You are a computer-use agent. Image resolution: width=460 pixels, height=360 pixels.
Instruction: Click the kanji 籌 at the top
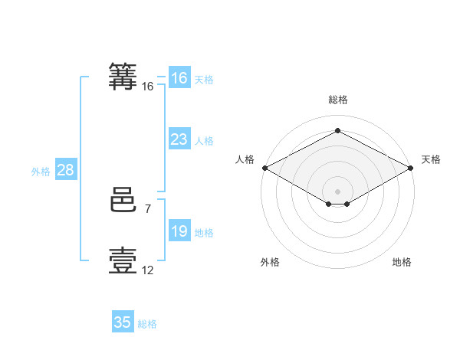[x=123, y=77]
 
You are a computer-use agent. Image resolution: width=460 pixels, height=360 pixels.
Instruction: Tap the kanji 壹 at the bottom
[x=123, y=260]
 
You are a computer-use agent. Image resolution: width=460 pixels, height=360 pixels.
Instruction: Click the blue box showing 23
[x=179, y=139]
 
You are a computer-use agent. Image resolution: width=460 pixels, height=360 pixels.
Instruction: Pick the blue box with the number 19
[x=179, y=230]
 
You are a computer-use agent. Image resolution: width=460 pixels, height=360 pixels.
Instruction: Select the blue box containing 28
[x=66, y=169]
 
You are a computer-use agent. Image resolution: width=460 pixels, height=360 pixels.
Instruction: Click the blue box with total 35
[x=123, y=321]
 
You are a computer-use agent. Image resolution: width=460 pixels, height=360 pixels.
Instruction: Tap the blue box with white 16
[x=179, y=77]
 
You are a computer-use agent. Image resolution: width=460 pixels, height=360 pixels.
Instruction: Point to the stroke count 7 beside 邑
[x=148, y=209]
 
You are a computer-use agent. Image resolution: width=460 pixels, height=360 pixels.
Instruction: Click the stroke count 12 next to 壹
[x=147, y=270]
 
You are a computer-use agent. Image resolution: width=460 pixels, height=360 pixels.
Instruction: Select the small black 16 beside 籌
[x=147, y=87]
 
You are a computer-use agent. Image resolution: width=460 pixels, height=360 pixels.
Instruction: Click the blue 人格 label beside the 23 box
[x=204, y=141]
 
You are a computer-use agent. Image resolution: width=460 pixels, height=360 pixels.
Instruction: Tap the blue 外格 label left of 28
[x=41, y=172]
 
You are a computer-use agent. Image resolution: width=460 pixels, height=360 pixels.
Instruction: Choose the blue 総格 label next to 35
[x=147, y=324]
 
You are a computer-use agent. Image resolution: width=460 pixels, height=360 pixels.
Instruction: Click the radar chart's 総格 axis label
[x=338, y=100]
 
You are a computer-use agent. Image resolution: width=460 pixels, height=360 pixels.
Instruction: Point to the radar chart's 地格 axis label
[x=402, y=262]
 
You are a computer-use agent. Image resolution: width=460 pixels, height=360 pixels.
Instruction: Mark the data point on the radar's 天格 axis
[x=411, y=168]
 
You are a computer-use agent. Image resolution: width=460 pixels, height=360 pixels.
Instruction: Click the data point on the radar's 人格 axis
[x=265, y=168]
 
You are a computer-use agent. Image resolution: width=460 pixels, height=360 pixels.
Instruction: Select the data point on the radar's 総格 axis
[x=337, y=130]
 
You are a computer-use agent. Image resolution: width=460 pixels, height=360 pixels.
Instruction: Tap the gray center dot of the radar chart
[x=337, y=191]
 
